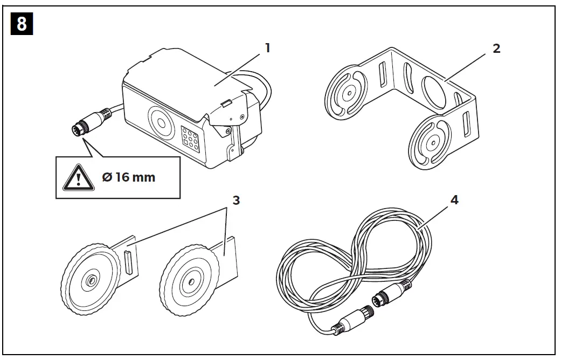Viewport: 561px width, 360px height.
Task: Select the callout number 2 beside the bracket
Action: point(496,48)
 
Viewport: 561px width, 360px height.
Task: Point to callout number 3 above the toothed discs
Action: point(235,200)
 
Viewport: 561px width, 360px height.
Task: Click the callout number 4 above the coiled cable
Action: point(454,200)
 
